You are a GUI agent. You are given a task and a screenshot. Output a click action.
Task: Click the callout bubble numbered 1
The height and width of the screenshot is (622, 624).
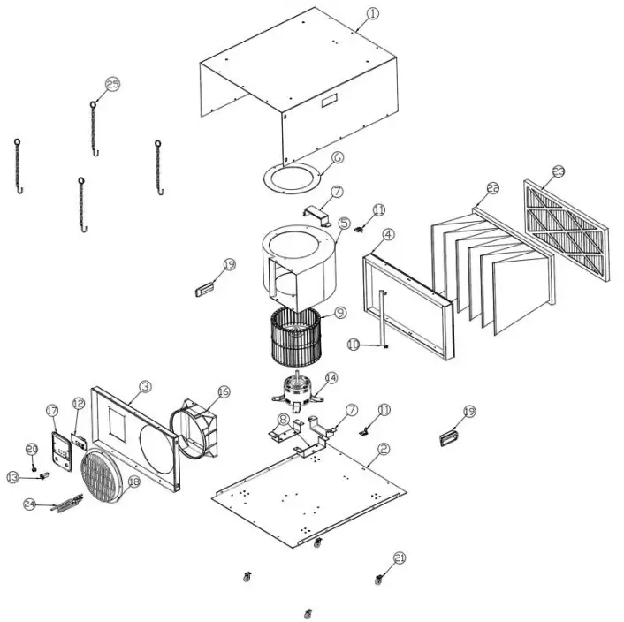click(371, 13)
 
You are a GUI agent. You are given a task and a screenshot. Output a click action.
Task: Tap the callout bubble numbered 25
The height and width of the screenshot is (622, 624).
click(112, 84)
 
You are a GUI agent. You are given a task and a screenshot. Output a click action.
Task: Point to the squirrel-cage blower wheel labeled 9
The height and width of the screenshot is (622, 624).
click(297, 340)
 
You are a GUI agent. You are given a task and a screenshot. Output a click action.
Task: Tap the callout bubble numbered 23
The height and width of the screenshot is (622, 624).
click(558, 171)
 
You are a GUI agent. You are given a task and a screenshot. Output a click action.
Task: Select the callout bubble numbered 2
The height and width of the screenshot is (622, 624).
click(383, 449)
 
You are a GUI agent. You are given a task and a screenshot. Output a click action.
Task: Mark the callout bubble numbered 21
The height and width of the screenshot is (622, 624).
click(400, 558)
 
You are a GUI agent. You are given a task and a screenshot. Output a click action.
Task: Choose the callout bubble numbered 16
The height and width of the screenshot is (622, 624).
click(223, 391)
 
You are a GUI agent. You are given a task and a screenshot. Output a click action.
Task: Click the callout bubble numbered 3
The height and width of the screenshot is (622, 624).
click(146, 386)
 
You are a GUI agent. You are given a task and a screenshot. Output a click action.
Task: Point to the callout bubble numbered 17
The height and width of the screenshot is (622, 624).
click(52, 411)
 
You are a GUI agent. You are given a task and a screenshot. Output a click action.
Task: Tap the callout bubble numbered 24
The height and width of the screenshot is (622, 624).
click(29, 504)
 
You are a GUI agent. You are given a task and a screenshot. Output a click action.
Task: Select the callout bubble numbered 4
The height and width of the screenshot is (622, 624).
click(389, 235)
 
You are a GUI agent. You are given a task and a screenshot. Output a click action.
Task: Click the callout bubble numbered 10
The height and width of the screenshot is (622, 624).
click(354, 345)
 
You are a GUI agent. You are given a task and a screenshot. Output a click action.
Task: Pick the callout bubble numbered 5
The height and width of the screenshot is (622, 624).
click(344, 224)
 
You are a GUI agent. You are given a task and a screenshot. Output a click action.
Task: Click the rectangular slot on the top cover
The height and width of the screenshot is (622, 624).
click(329, 102)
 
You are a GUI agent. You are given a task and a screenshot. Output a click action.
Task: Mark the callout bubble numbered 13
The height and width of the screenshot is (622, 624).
click(12, 477)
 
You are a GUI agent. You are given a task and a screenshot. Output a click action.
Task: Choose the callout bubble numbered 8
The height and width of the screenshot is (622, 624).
click(283, 419)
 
